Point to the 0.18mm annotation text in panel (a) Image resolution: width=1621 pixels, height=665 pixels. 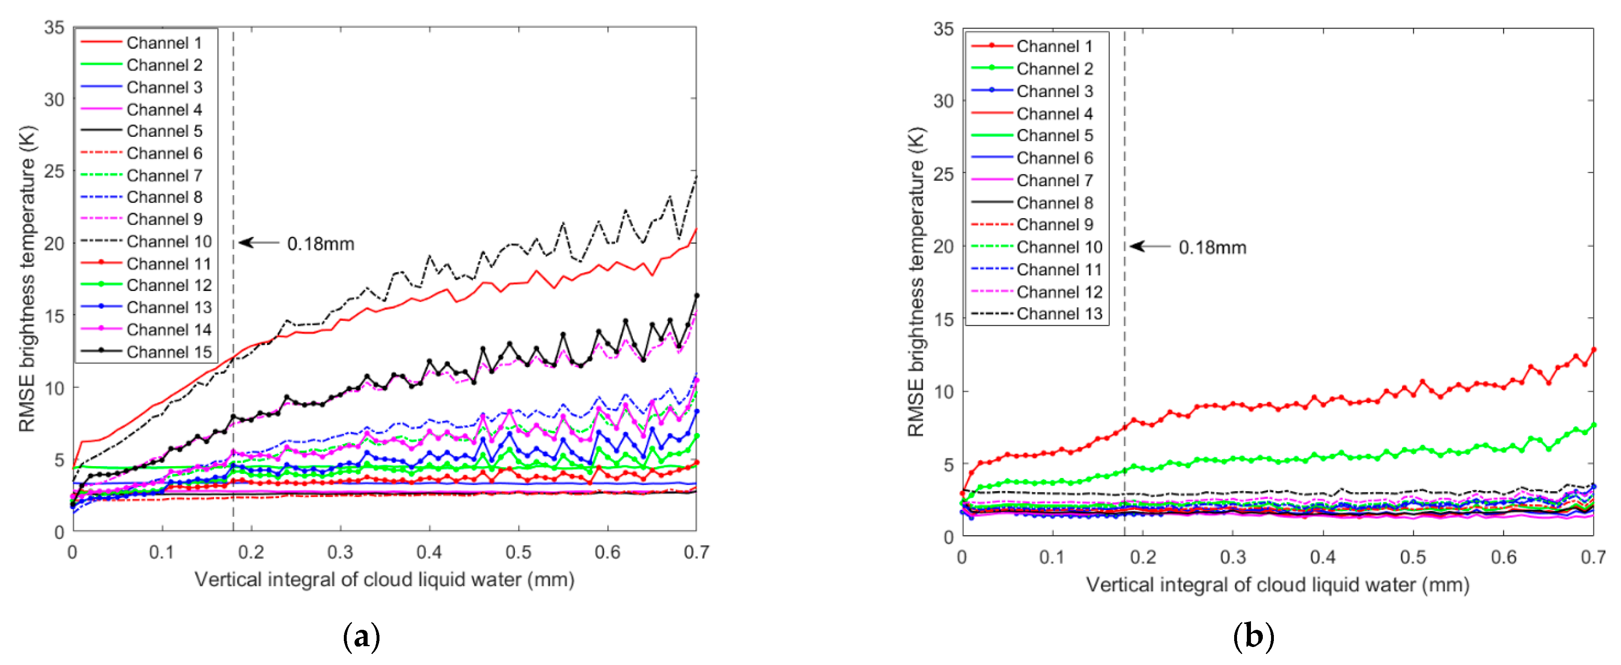(320, 244)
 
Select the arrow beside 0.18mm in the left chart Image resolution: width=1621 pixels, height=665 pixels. (258, 242)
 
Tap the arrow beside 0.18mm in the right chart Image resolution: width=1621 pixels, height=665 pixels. (1150, 246)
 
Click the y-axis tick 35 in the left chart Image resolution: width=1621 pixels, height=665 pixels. (54, 28)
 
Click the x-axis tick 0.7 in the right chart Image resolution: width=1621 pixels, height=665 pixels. (1593, 557)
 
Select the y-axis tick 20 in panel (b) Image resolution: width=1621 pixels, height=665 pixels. (943, 247)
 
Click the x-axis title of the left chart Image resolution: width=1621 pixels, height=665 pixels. (384, 579)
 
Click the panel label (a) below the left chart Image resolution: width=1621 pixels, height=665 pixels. (362, 637)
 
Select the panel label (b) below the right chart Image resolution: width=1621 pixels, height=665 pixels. (1253, 637)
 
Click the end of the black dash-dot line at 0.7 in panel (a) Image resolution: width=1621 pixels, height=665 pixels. (696, 177)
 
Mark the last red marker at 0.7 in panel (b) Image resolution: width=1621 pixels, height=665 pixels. (1593, 350)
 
